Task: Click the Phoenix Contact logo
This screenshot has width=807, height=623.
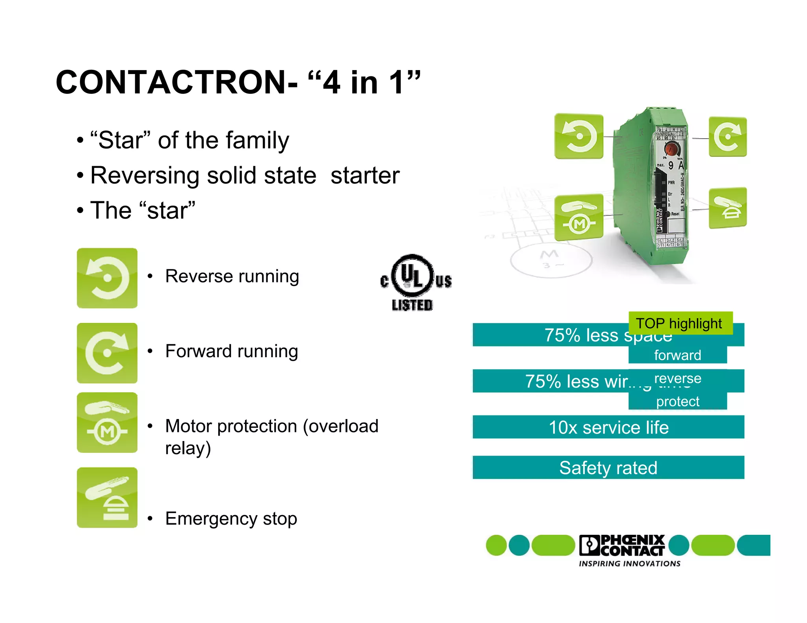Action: [623, 545]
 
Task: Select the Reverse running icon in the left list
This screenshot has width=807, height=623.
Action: [107, 278]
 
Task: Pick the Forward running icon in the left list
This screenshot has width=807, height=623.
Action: [107, 353]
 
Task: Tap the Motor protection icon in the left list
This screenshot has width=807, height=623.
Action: [107, 423]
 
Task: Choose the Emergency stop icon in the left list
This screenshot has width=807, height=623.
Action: [107, 497]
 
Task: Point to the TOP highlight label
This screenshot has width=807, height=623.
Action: [680, 323]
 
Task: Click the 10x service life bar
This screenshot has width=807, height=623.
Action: [608, 427]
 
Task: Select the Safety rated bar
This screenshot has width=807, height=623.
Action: [608, 468]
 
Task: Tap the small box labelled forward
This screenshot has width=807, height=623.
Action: [677, 355]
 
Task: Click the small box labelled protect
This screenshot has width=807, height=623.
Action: [677, 401]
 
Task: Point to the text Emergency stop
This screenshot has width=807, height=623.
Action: [231, 519]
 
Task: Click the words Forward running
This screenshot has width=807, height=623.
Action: [231, 351]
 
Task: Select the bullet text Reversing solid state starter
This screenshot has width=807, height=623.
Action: [245, 175]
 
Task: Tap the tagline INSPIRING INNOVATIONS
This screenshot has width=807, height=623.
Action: [629, 564]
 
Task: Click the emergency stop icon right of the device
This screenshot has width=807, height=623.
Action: [727, 208]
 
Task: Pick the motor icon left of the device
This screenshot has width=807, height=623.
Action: [578, 217]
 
